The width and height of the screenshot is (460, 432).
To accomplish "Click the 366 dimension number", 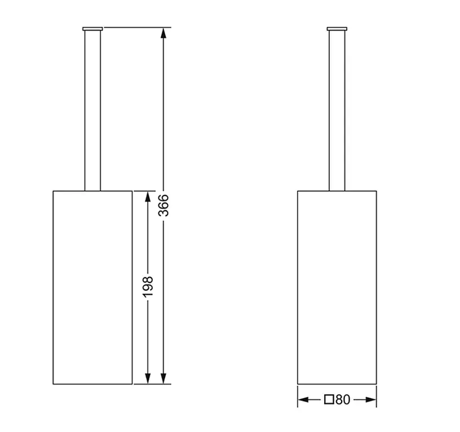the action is pos(163,205).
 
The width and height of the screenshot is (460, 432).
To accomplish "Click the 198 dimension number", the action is pos(148,286).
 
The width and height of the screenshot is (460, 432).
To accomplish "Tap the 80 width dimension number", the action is pos(343,400).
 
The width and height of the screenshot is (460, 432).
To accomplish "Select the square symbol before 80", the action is pos(329,400).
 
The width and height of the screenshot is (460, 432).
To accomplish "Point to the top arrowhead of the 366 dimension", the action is pos(163,33).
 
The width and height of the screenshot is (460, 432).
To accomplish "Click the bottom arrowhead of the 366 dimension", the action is pos(163,378).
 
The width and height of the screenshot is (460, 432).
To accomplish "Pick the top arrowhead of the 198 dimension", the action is pos(148,197).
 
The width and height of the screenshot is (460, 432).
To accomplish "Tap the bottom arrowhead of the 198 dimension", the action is pos(148,378).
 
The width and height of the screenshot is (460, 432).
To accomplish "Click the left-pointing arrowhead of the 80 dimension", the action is pos(303,400).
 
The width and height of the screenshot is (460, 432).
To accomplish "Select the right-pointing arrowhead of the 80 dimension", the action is pos(371,400).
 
